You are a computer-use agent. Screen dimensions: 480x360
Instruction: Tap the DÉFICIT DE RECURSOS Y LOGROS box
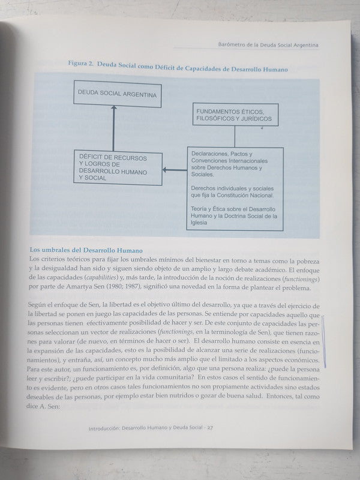117,167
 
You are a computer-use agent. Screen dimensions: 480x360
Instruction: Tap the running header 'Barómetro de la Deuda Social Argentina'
266,45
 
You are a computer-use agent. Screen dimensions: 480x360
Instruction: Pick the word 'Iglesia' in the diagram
200,223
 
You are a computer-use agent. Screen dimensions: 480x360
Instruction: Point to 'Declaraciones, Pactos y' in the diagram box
221,154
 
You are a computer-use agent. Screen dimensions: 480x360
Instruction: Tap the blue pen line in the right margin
325,339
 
